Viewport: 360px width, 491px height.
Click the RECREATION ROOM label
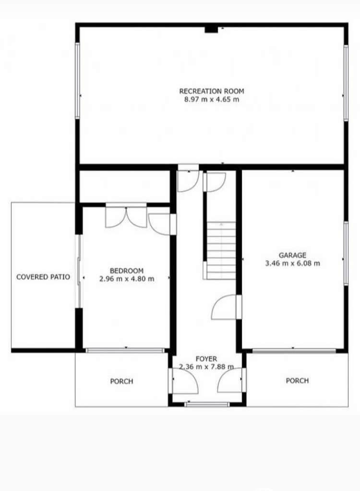tap(212, 91)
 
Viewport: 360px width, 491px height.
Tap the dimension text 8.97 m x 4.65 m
tap(212, 99)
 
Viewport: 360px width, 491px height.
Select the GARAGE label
tap(292, 255)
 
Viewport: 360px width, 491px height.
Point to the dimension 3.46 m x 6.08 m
tap(292, 263)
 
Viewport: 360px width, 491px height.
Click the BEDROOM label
tap(127, 270)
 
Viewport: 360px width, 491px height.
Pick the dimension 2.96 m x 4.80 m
tap(127, 279)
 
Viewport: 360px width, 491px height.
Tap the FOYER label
tap(206, 359)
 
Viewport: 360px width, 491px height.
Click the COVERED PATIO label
tap(43, 277)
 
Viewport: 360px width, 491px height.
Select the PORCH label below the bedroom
tap(121, 381)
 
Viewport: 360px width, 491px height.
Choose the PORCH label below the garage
tap(297, 381)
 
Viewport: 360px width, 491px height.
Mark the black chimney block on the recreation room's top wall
tap(211, 29)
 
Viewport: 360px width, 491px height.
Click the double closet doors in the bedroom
tap(126, 217)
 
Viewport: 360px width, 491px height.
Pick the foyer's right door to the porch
tap(230, 380)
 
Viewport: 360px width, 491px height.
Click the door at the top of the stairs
tap(215, 182)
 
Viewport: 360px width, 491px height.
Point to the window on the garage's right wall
tap(346, 253)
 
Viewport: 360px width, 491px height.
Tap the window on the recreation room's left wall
tap(77, 81)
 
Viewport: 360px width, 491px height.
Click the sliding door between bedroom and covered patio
tap(79, 271)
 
